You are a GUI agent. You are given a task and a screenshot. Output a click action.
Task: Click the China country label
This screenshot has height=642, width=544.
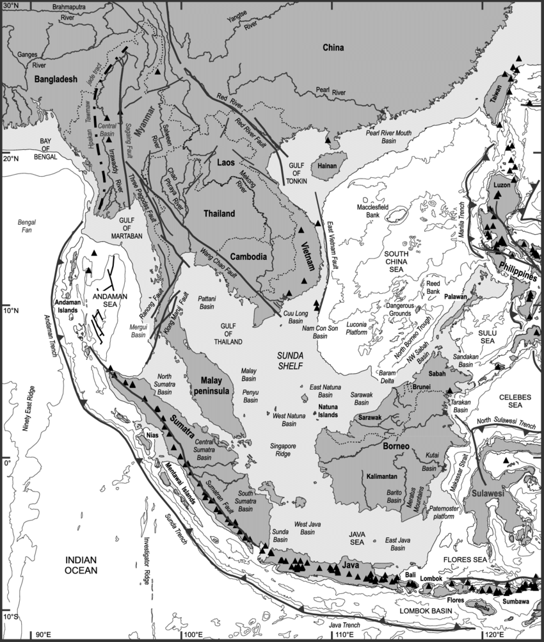pyautogui.click(x=333, y=48)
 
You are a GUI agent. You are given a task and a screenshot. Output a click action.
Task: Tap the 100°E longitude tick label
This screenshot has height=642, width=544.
pyautogui.click(x=192, y=634)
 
